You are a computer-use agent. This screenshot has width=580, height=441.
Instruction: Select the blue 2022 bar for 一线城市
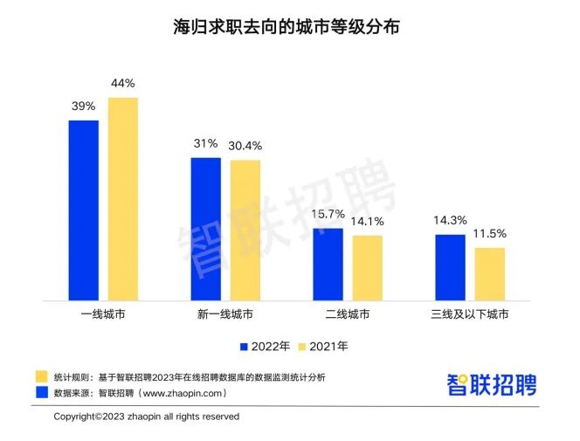[x=84, y=210]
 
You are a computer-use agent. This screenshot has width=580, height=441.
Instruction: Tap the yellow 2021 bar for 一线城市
[x=123, y=198]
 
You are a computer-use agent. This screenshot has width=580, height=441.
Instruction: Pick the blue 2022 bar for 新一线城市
[x=206, y=228]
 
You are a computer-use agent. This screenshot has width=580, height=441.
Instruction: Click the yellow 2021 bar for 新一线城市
[x=245, y=230]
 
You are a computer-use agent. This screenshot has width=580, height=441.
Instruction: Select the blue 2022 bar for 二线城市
[x=328, y=264]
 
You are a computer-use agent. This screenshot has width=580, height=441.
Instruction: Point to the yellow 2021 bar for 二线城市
[x=368, y=267]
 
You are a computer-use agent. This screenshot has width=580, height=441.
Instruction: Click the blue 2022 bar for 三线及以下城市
[x=451, y=267]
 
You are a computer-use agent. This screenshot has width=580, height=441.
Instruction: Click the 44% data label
[x=122, y=84]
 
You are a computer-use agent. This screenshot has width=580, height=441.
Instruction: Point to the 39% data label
[x=84, y=107]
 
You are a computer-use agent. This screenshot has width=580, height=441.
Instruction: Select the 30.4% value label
[x=245, y=146]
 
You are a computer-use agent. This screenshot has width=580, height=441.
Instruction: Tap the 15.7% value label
[x=328, y=214]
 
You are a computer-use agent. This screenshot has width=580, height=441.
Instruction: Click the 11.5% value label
[x=490, y=234]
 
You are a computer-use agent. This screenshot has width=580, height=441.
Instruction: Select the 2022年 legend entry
[x=266, y=347]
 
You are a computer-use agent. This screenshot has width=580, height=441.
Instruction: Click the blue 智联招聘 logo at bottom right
[x=492, y=384]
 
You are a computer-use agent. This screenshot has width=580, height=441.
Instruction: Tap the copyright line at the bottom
[x=146, y=417]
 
